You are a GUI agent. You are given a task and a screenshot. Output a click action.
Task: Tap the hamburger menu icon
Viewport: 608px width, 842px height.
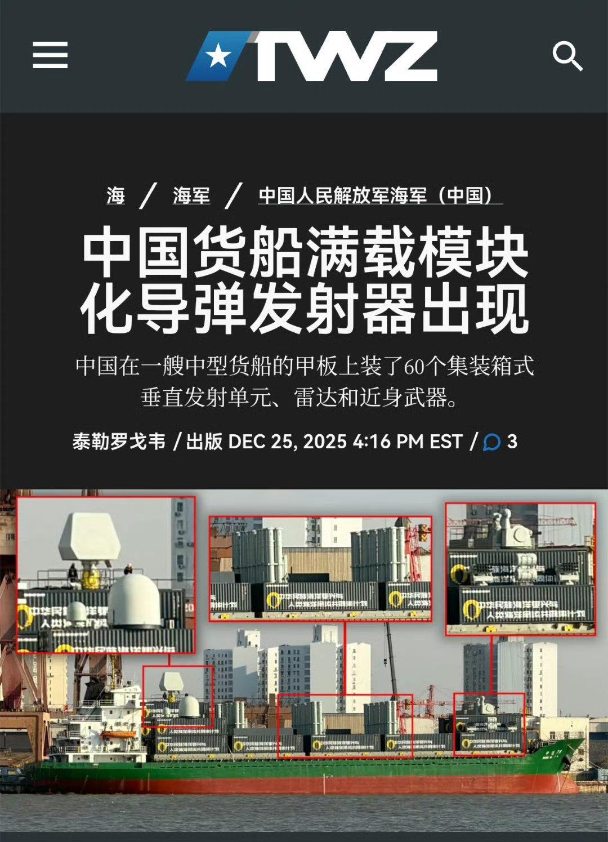click(x=50, y=55)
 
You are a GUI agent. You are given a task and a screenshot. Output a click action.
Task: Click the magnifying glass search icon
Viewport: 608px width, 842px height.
click(x=566, y=56)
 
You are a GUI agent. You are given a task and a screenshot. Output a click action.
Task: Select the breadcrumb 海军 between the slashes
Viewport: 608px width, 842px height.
click(x=191, y=195)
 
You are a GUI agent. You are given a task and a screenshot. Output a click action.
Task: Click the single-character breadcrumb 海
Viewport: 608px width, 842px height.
click(x=115, y=195)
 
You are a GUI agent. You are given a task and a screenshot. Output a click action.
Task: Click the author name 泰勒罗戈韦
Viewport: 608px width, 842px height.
click(x=119, y=441)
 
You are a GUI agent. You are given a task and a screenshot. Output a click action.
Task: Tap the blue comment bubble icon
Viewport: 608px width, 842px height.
click(x=492, y=442)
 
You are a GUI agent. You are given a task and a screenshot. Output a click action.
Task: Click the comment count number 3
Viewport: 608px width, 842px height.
click(x=512, y=441)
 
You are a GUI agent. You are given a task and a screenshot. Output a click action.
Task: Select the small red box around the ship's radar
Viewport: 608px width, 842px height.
click(x=178, y=697)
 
